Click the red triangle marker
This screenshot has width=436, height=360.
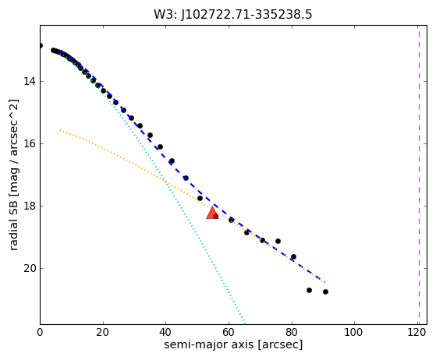212,214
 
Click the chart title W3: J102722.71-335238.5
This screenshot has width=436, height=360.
233,15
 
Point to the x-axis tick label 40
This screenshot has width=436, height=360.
165,332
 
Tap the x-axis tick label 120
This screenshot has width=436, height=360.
417,332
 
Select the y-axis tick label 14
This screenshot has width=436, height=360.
30,81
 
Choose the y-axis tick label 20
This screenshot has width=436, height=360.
30,268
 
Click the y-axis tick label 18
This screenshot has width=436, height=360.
30,206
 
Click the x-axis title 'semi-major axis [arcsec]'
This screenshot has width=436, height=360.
233,344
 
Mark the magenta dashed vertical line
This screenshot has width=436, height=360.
419,175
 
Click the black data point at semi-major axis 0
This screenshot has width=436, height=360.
41,45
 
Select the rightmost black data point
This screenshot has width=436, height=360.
325,291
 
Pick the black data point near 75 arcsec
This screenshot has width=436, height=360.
278,241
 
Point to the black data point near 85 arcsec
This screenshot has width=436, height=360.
309,291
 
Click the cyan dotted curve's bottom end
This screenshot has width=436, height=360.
245,323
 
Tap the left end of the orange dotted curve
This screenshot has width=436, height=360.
60,130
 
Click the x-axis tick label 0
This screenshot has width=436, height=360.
40,332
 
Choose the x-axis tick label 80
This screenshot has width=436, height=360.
292,332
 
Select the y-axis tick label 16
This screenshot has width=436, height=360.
30,143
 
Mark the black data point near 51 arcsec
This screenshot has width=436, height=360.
200,199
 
